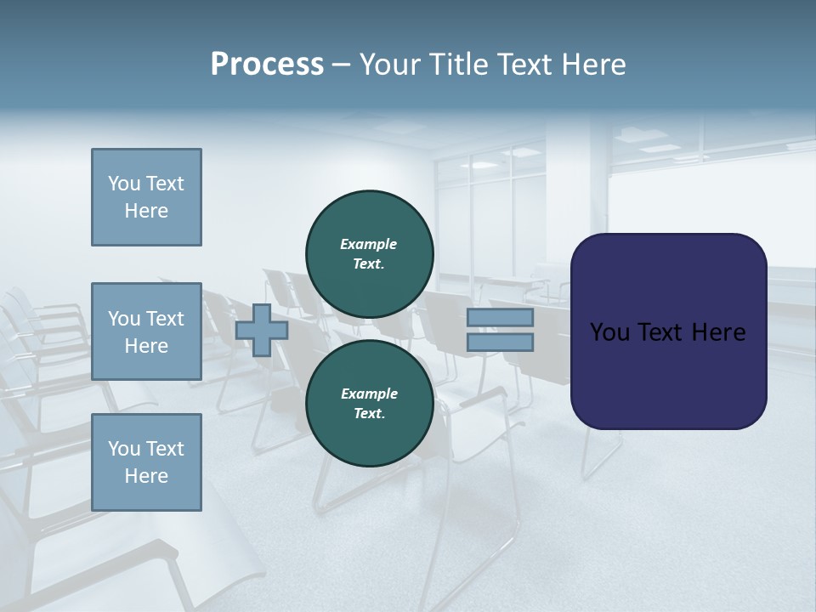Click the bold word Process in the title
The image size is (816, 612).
(x=267, y=65)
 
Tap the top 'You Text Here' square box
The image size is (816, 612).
(x=146, y=197)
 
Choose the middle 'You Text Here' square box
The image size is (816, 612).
(x=146, y=331)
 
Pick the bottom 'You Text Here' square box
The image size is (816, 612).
(x=146, y=462)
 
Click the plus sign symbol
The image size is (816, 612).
(x=262, y=330)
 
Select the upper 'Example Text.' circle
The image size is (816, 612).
(x=369, y=254)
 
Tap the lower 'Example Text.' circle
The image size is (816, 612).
(x=369, y=404)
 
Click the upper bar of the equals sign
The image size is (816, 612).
(x=500, y=318)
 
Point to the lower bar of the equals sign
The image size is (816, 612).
(x=500, y=343)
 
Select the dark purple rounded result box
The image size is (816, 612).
(x=668, y=374)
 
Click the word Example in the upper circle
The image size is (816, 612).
(x=369, y=244)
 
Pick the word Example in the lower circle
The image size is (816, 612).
(x=369, y=394)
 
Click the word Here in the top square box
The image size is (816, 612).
(x=146, y=211)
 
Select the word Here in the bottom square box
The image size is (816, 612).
(x=146, y=476)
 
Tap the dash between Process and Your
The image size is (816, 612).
(x=342, y=65)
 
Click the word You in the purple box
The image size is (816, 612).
(x=610, y=332)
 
